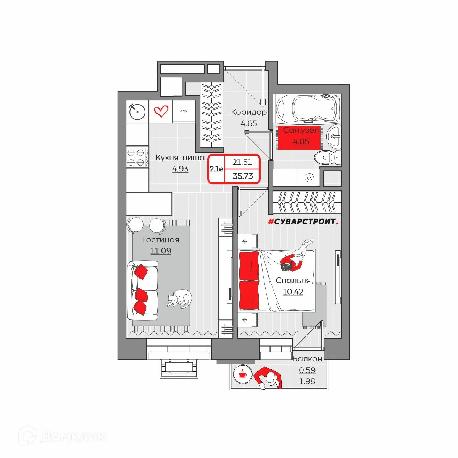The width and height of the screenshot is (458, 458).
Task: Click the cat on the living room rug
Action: [179, 299]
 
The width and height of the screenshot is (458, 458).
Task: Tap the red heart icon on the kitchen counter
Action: [161, 111]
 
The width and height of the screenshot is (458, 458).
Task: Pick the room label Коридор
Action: [249, 112]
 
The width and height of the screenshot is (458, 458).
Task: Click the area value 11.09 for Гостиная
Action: [161, 251]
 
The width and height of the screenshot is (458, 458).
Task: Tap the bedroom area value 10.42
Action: [293, 292]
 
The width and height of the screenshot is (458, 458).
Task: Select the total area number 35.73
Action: [243, 176]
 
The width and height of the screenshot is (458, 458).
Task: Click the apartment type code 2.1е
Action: [216, 169]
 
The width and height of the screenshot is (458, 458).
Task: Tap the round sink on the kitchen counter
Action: [137, 111]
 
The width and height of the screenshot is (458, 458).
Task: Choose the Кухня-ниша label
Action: [180, 158]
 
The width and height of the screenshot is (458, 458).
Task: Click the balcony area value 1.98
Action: [307, 381]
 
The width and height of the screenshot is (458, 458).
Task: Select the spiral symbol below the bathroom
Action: [310, 177]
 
